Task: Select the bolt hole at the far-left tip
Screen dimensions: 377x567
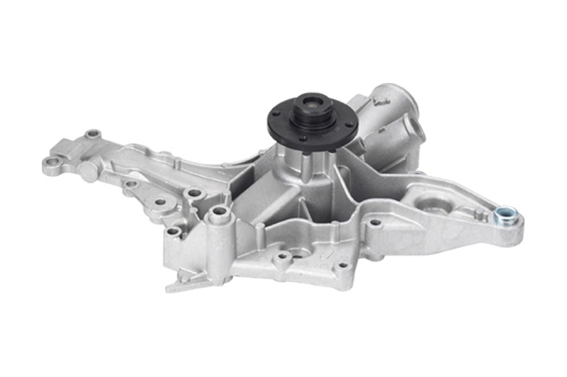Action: tap(50, 163)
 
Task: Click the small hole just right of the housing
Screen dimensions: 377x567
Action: tap(375, 223)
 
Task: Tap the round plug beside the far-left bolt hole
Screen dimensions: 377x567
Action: tap(86, 170)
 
